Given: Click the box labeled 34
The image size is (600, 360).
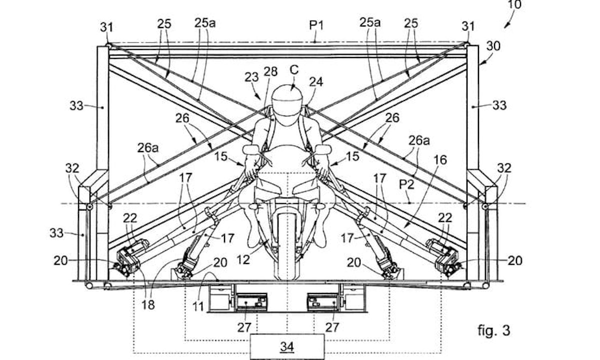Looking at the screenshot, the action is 287,346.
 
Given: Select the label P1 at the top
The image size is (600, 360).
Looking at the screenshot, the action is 316,25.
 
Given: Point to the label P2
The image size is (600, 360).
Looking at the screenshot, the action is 406,184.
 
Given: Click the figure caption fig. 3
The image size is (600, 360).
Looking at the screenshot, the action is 493,330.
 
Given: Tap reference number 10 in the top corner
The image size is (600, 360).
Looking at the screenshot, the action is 514,4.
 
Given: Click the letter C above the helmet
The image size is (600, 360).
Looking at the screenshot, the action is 294,70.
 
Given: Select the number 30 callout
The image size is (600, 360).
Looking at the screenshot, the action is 493,46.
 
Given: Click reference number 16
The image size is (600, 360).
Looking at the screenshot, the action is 440,160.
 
